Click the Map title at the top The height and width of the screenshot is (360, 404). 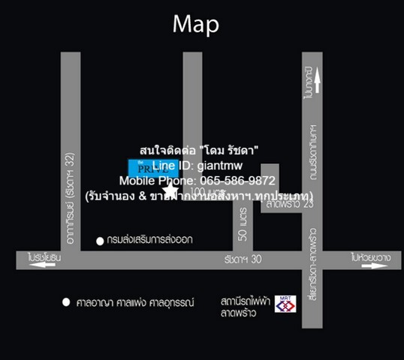point(195,24)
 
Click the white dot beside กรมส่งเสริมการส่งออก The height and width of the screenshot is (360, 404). point(100,241)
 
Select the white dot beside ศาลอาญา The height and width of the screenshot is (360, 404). point(66,302)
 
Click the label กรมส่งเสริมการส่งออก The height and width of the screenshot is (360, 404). point(145,241)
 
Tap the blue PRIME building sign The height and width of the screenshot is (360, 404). point(143,166)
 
